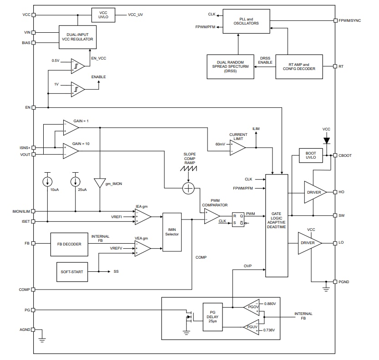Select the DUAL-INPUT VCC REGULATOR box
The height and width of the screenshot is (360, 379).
pyautogui.click(x=78, y=36)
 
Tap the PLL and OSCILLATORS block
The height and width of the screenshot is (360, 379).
pyautogui.click(x=249, y=20)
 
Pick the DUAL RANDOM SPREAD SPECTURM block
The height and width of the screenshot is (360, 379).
pyautogui.click(x=230, y=66)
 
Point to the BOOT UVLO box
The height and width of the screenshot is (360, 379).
pyautogui.click(x=310, y=155)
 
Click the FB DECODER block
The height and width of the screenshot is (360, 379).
pyautogui.click(x=69, y=244)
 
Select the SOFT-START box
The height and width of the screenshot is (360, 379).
pyautogui.click(x=72, y=271)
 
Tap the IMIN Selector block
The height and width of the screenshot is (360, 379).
pyautogui.click(x=172, y=232)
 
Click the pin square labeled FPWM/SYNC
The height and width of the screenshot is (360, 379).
pyautogui.click(x=335, y=20)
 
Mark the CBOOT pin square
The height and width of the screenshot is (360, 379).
pyautogui.click(x=335, y=155)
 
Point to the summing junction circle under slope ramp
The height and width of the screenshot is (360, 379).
pyautogui.click(x=188, y=189)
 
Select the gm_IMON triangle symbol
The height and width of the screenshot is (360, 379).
pyautogui.click(x=100, y=183)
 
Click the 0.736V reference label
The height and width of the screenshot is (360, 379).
pyautogui.click(x=269, y=330)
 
